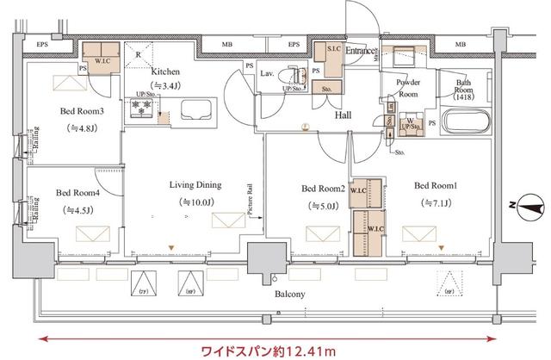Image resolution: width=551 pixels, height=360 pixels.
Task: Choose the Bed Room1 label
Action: (436, 186)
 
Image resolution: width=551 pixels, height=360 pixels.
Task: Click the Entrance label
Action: (359, 52)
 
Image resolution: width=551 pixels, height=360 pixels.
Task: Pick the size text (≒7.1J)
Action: (436, 203)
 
